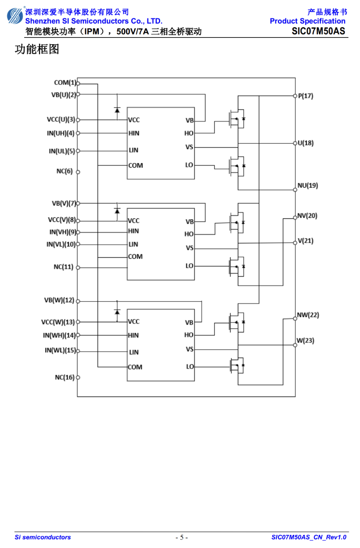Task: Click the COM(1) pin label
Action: (x=65, y=83)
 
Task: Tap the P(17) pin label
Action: (x=305, y=96)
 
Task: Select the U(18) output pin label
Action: (x=305, y=143)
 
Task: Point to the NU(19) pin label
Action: (x=307, y=185)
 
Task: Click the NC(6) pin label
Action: (x=64, y=171)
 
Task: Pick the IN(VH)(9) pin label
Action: (x=63, y=232)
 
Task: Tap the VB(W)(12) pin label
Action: (x=59, y=300)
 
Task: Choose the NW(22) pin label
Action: (x=308, y=315)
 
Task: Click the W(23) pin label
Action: (x=305, y=340)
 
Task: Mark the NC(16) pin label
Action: (x=64, y=378)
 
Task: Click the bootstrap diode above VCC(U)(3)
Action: (x=117, y=110)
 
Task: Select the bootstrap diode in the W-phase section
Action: (x=117, y=311)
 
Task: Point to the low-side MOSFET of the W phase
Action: (x=237, y=366)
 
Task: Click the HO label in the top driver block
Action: (x=189, y=133)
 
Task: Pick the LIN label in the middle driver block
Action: (x=133, y=245)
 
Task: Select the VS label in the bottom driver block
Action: (x=189, y=349)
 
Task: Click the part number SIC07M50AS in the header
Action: (x=318, y=31)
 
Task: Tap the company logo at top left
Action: (x=15, y=16)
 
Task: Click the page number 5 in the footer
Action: (x=182, y=537)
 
